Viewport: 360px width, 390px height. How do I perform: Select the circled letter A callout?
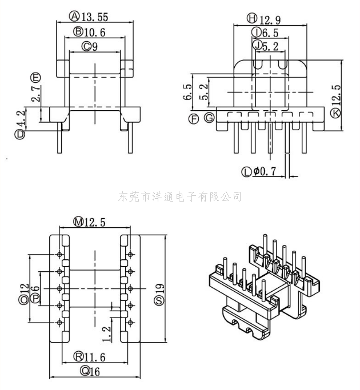tap(74, 15)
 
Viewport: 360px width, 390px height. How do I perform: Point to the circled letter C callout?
tap(86, 46)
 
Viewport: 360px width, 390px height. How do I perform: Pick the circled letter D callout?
tap(21, 135)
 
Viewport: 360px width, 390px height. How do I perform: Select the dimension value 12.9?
tap(271, 18)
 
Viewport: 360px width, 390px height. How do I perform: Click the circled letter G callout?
tap(210, 118)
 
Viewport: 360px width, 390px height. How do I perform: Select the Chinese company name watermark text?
tap(180, 196)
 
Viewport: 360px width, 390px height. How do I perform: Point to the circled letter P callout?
tap(35, 299)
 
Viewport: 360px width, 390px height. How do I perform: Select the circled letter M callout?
tap(78, 222)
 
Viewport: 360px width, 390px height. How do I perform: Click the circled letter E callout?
tap(36, 77)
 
